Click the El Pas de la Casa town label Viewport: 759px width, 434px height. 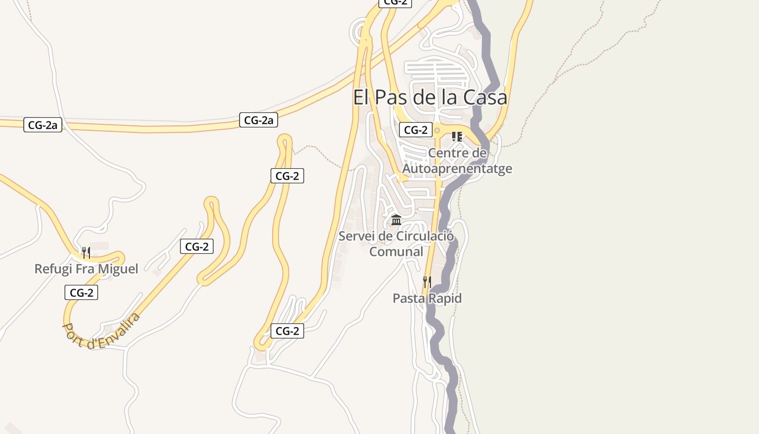[x=430, y=97]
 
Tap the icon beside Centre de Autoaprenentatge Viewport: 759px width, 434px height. [x=456, y=136]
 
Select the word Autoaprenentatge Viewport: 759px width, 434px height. [x=457, y=169]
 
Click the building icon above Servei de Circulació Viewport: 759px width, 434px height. [x=396, y=220]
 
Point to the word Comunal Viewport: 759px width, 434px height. [x=396, y=252]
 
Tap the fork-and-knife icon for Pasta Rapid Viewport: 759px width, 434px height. [x=427, y=282]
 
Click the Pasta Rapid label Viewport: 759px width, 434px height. [x=427, y=298]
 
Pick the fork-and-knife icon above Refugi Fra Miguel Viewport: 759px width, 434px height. [x=86, y=252]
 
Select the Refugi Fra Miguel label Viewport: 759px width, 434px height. [x=86, y=269]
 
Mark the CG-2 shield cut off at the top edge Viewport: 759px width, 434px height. [x=395, y=2]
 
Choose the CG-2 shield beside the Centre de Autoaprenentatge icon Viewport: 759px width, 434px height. [x=416, y=130]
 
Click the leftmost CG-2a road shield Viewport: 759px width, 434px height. [x=43, y=125]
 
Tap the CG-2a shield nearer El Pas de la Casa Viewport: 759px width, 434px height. [x=259, y=120]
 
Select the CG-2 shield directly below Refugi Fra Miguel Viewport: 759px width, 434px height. [x=81, y=293]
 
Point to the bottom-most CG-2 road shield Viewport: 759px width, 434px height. [x=287, y=331]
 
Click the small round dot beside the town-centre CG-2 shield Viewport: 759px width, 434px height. [x=437, y=130]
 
